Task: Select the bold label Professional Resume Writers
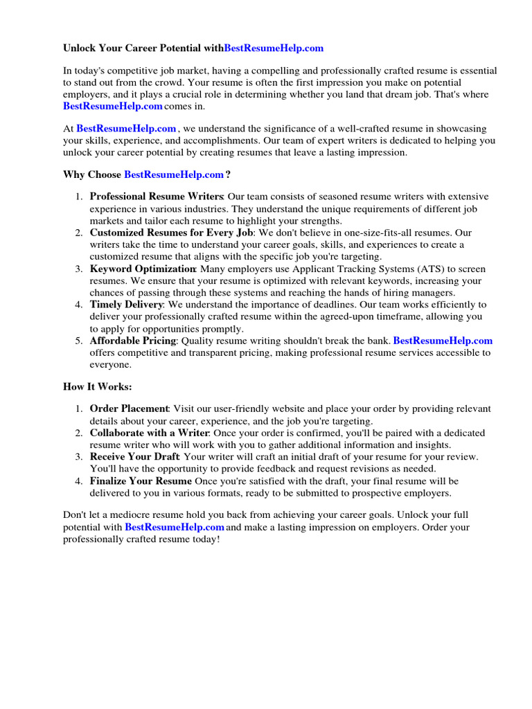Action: pos(157,197)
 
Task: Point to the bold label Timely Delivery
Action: pos(127,305)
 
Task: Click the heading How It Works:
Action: pos(97,386)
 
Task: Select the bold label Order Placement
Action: pos(130,409)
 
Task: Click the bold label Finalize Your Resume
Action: pos(141,481)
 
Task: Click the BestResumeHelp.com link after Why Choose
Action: pos(174,174)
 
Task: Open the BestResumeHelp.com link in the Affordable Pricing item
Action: pos(443,341)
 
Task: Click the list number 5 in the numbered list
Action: pos(78,341)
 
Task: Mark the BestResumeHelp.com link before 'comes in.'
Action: pos(113,106)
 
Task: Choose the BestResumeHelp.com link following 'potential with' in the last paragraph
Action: pos(175,527)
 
